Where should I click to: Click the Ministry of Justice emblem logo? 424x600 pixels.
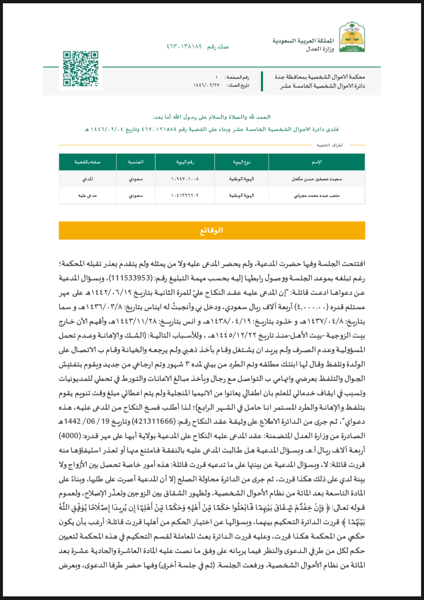(x=352, y=37)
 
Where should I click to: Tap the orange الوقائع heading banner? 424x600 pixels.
(x=212, y=230)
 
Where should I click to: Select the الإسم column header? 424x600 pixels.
(x=316, y=162)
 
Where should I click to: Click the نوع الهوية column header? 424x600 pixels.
(x=241, y=162)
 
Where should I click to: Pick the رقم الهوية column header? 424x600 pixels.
(x=185, y=162)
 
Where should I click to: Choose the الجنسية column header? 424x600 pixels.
(x=136, y=162)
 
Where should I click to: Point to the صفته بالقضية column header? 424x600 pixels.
(x=87, y=162)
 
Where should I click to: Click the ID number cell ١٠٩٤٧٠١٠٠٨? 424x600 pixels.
(x=185, y=179)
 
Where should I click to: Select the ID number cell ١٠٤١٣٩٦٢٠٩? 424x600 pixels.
(x=185, y=196)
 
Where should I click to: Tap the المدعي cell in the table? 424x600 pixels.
(x=87, y=179)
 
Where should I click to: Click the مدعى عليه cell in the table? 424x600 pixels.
(x=87, y=196)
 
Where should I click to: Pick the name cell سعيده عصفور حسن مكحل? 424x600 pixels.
(x=316, y=179)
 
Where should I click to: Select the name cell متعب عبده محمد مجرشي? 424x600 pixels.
(x=316, y=196)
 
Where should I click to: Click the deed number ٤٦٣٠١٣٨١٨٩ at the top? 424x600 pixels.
(x=184, y=47)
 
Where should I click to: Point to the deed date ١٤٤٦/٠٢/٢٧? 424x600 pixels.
(x=206, y=85)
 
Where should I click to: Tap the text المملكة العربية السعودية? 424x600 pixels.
(x=303, y=41)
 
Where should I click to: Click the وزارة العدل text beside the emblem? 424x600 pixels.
(x=320, y=49)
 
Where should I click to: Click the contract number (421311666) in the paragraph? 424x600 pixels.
(x=154, y=421)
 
